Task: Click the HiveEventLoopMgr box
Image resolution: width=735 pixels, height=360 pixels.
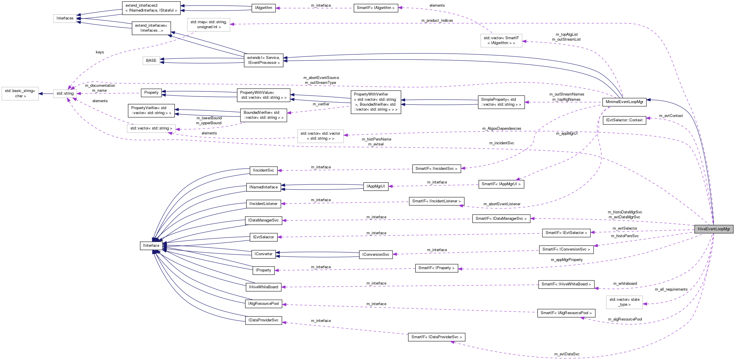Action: coord(714,229)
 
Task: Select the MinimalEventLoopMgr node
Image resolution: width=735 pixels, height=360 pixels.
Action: coord(624,102)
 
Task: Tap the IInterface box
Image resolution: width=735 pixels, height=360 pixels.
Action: coord(151,245)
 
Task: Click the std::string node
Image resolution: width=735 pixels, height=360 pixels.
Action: coord(65,93)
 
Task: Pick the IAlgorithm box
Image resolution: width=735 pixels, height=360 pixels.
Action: coord(263,8)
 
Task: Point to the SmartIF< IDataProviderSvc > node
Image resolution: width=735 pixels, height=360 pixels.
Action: coord(436,337)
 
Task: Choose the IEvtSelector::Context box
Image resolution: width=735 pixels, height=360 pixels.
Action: coord(624,120)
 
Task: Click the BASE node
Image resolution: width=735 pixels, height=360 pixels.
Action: coord(151,61)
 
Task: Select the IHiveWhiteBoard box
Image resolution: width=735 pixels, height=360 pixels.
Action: coord(263,287)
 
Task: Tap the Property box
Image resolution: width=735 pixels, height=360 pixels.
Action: coord(151,93)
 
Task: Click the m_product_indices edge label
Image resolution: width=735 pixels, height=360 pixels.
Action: coord(437,21)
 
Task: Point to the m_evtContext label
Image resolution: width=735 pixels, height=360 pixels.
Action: coord(671,116)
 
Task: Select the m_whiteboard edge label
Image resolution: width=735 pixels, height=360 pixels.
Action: coord(625,284)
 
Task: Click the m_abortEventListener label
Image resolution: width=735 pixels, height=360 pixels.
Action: coord(502,204)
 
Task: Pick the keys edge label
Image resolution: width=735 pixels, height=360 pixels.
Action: coord(100,52)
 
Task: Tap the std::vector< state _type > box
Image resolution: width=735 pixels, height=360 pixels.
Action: coord(624,302)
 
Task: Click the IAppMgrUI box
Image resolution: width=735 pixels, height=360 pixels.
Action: coord(375,186)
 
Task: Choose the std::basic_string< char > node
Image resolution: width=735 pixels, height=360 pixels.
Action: coord(20,93)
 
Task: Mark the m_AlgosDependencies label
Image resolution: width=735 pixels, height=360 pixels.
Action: coord(502,129)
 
